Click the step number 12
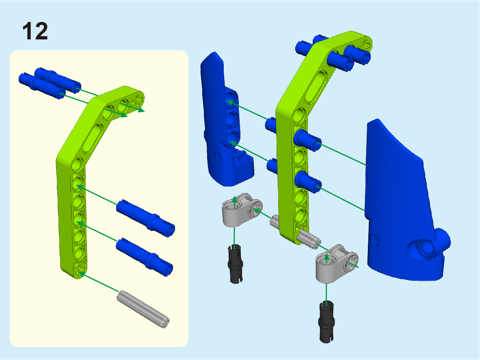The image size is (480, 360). pyautogui.click(x=35, y=31)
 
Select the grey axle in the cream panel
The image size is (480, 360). pyautogui.click(x=143, y=309)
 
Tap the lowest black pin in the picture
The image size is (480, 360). pyautogui.click(x=326, y=322)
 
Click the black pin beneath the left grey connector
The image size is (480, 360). pyautogui.click(x=236, y=264)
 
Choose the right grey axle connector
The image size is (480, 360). pyautogui.click(x=336, y=263)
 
